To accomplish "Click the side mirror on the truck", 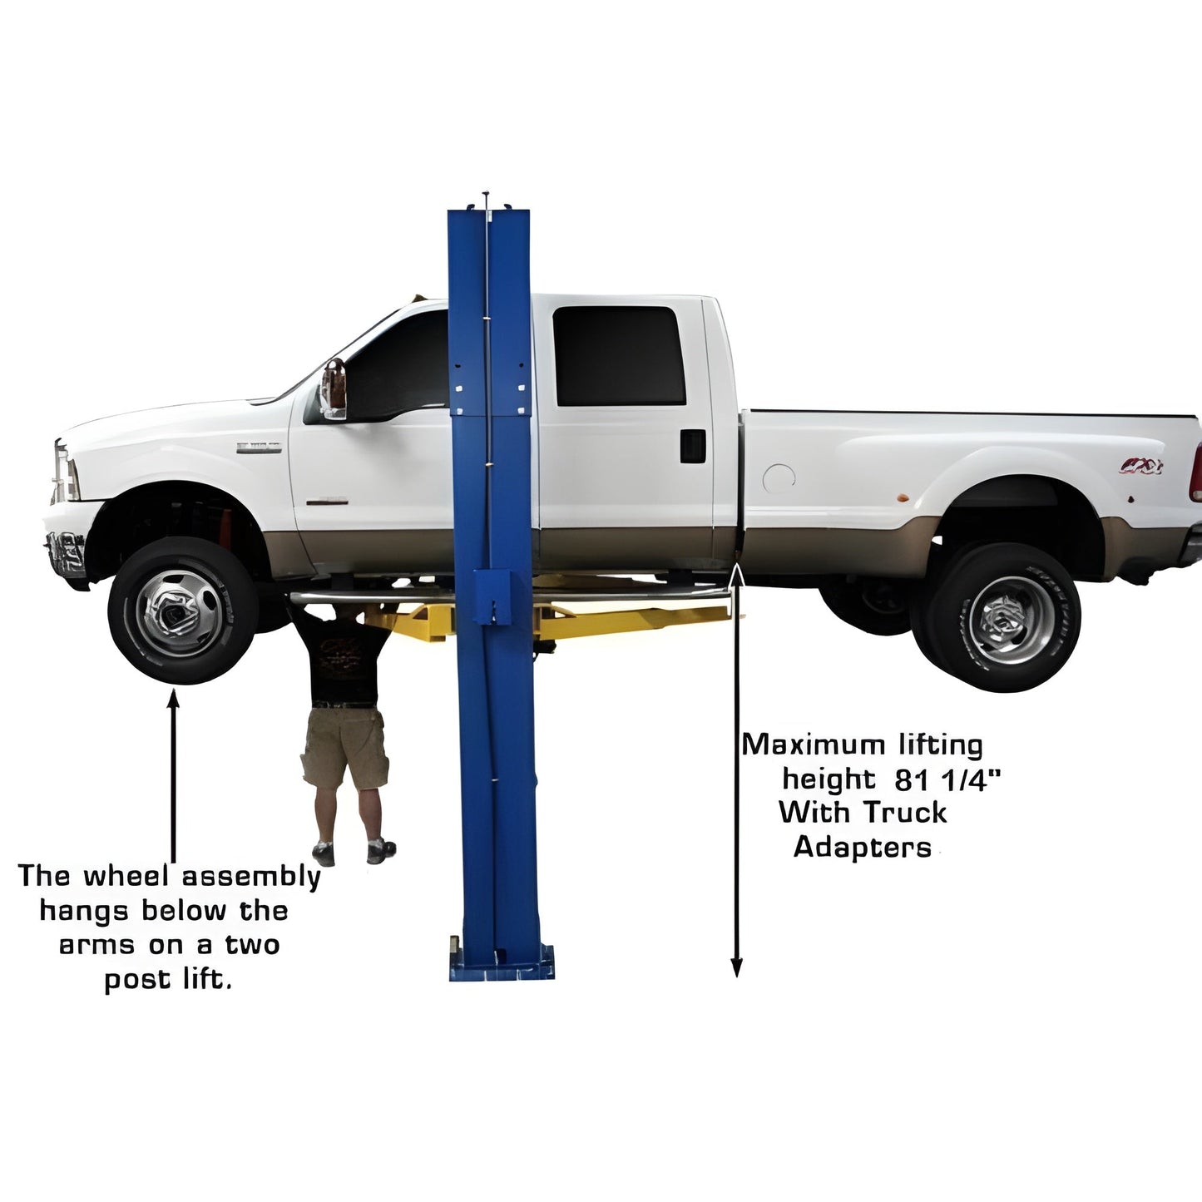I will coord(334,388).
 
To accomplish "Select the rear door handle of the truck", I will coord(692,446).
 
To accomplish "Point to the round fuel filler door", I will coord(779,477).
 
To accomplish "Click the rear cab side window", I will coord(619,356).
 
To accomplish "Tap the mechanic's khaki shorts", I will coord(344,747).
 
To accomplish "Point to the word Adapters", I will coord(862,847).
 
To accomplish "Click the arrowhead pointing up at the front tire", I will coord(173,698).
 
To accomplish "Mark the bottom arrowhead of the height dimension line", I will coord(736,967).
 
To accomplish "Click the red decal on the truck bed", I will coord(1140,466).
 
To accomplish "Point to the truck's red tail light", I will coord(1196,472).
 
